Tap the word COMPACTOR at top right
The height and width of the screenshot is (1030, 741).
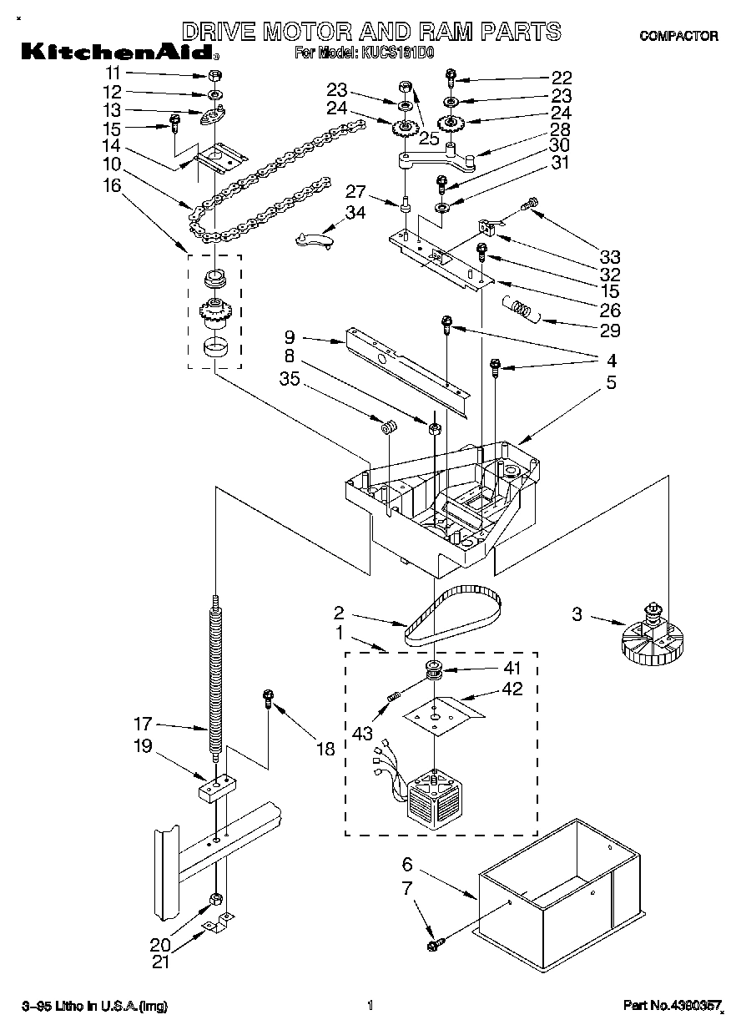pos(678,35)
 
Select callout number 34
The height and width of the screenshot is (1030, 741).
pos(355,213)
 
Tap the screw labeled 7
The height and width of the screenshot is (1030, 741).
pos(434,944)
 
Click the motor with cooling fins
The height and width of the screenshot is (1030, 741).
pos(432,793)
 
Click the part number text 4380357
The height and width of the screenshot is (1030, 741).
pos(672,1007)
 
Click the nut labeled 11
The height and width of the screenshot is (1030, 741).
pos(214,77)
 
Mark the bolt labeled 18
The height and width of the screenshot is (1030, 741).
pos(269,697)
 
